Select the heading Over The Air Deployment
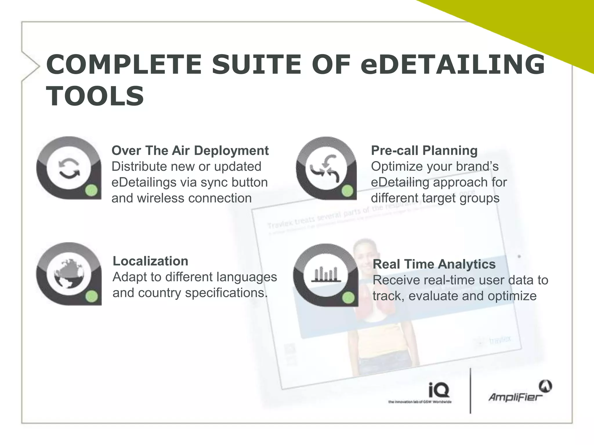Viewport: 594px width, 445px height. pyautogui.click(x=190, y=151)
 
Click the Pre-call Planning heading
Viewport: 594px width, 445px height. pyautogui.click(x=424, y=151)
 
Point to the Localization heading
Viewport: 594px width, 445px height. pyautogui.click(x=150, y=261)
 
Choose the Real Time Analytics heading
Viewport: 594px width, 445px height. pyautogui.click(x=434, y=264)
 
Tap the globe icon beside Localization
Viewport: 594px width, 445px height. pyautogui.click(x=69, y=273)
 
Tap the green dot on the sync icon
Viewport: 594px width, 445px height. pyautogui.click(x=91, y=191)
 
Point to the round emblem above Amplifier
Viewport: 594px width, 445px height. pyautogui.click(x=545, y=386)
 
